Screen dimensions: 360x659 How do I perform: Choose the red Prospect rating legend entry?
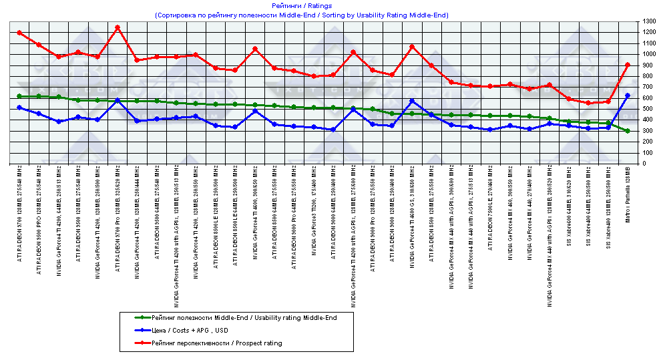(x=216, y=343)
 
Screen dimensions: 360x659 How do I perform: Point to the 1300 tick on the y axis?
(x=648, y=22)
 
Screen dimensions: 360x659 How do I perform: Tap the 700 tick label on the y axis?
(x=647, y=87)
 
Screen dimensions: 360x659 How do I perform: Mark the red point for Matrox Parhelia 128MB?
(x=628, y=65)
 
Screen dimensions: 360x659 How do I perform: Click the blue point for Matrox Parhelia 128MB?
(x=628, y=96)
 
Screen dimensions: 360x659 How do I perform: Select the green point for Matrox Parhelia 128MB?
(x=628, y=131)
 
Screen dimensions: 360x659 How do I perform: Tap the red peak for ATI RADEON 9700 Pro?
(x=118, y=27)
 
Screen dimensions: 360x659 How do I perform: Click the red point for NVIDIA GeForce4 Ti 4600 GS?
(x=412, y=47)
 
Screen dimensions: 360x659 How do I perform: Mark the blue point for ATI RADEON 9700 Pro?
(x=118, y=100)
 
